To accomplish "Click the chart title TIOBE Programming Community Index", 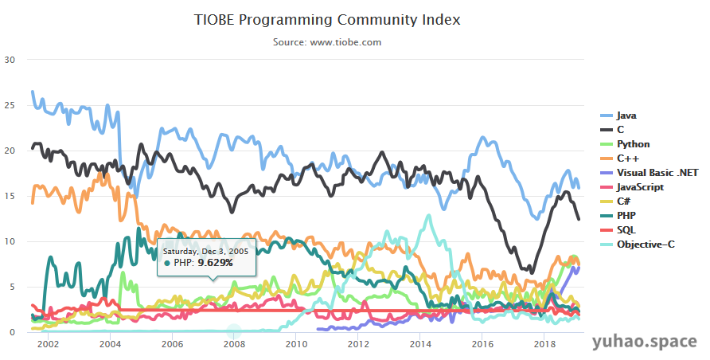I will coord(327,18).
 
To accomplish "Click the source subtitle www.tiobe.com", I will coord(327,41).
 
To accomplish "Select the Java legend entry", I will coord(626,115).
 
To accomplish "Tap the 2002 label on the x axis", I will coord(48,344).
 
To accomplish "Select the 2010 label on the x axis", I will coord(296,344).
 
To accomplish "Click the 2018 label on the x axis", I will coord(544,344).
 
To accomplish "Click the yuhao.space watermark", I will coord(645,342).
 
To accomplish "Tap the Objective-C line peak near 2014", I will coord(429,215).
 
